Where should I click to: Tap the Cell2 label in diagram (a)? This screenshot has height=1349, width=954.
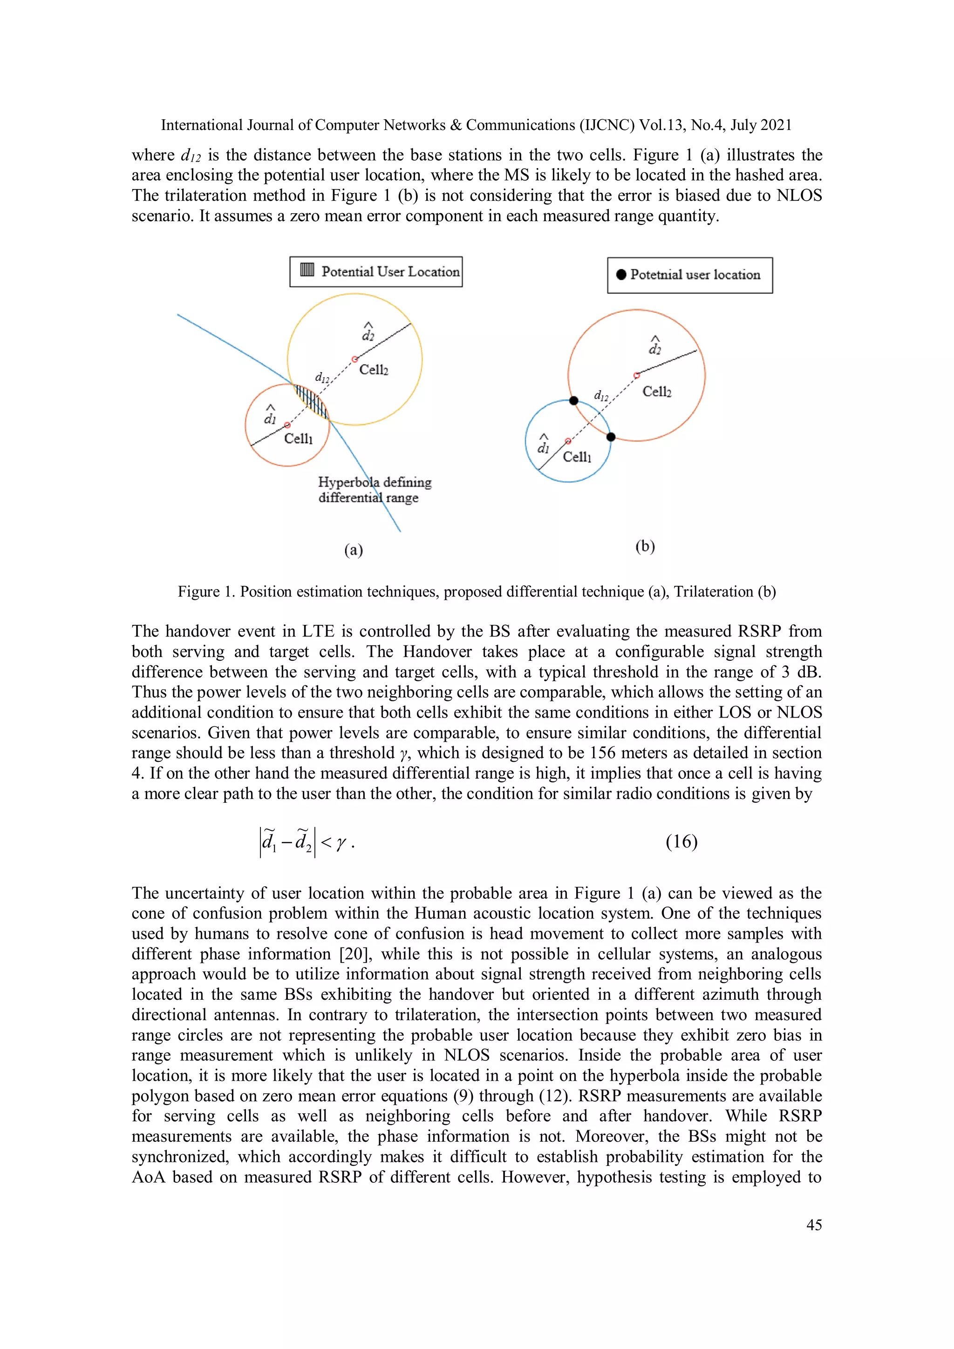click(374, 370)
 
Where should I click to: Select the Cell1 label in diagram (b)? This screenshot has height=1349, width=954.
click(577, 457)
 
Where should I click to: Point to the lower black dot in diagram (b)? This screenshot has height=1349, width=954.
click(611, 436)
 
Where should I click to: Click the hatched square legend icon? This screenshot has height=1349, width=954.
click(307, 270)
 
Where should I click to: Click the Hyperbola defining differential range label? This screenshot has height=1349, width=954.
click(375, 489)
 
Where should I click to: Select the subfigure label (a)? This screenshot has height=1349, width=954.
click(353, 549)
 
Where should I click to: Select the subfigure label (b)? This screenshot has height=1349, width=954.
click(645, 546)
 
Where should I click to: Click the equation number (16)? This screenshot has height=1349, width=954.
click(681, 841)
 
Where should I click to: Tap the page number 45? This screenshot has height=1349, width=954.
click(813, 1225)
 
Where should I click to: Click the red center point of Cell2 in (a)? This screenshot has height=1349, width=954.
click(354, 359)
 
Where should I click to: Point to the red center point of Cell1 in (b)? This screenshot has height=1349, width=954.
click(568, 441)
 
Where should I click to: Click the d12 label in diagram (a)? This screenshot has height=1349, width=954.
click(322, 377)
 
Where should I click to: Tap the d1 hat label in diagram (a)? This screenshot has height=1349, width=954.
click(270, 415)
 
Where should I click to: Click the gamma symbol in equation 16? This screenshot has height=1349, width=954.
click(341, 843)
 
